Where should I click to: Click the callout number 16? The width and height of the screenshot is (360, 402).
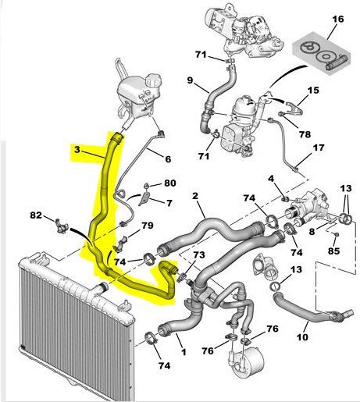(x=338, y=19)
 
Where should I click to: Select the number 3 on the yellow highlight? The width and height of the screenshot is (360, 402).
(x=77, y=150)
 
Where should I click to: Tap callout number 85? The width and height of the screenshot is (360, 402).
(x=334, y=251)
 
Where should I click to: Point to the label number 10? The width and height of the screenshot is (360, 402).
(x=302, y=337)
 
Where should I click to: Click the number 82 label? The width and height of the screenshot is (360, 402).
(x=36, y=215)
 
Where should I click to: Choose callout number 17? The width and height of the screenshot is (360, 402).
(x=319, y=148)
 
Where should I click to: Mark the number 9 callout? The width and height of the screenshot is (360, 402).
(x=191, y=80)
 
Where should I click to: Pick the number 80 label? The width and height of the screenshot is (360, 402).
(x=170, y=183)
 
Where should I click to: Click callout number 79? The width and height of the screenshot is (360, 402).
(x=148, y=225)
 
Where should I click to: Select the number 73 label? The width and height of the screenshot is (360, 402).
(x=199, y=254)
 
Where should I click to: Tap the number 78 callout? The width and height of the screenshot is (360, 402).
(x=305, y=134)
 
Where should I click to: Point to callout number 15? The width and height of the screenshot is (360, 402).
(x=313, y=90)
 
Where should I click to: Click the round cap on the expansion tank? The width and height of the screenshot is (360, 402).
(x=151, y=80)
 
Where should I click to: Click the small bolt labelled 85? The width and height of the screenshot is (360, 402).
(x=336, y=234)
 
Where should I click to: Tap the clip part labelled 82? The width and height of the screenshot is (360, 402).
(x=62, y=226)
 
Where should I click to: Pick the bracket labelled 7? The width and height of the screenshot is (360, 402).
(x=144, y=199)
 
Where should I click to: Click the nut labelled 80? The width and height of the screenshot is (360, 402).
(x=147, y=186)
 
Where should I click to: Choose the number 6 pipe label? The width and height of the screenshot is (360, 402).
(x=168, y=158)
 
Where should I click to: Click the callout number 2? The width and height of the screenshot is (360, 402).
(x=195, y=195)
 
